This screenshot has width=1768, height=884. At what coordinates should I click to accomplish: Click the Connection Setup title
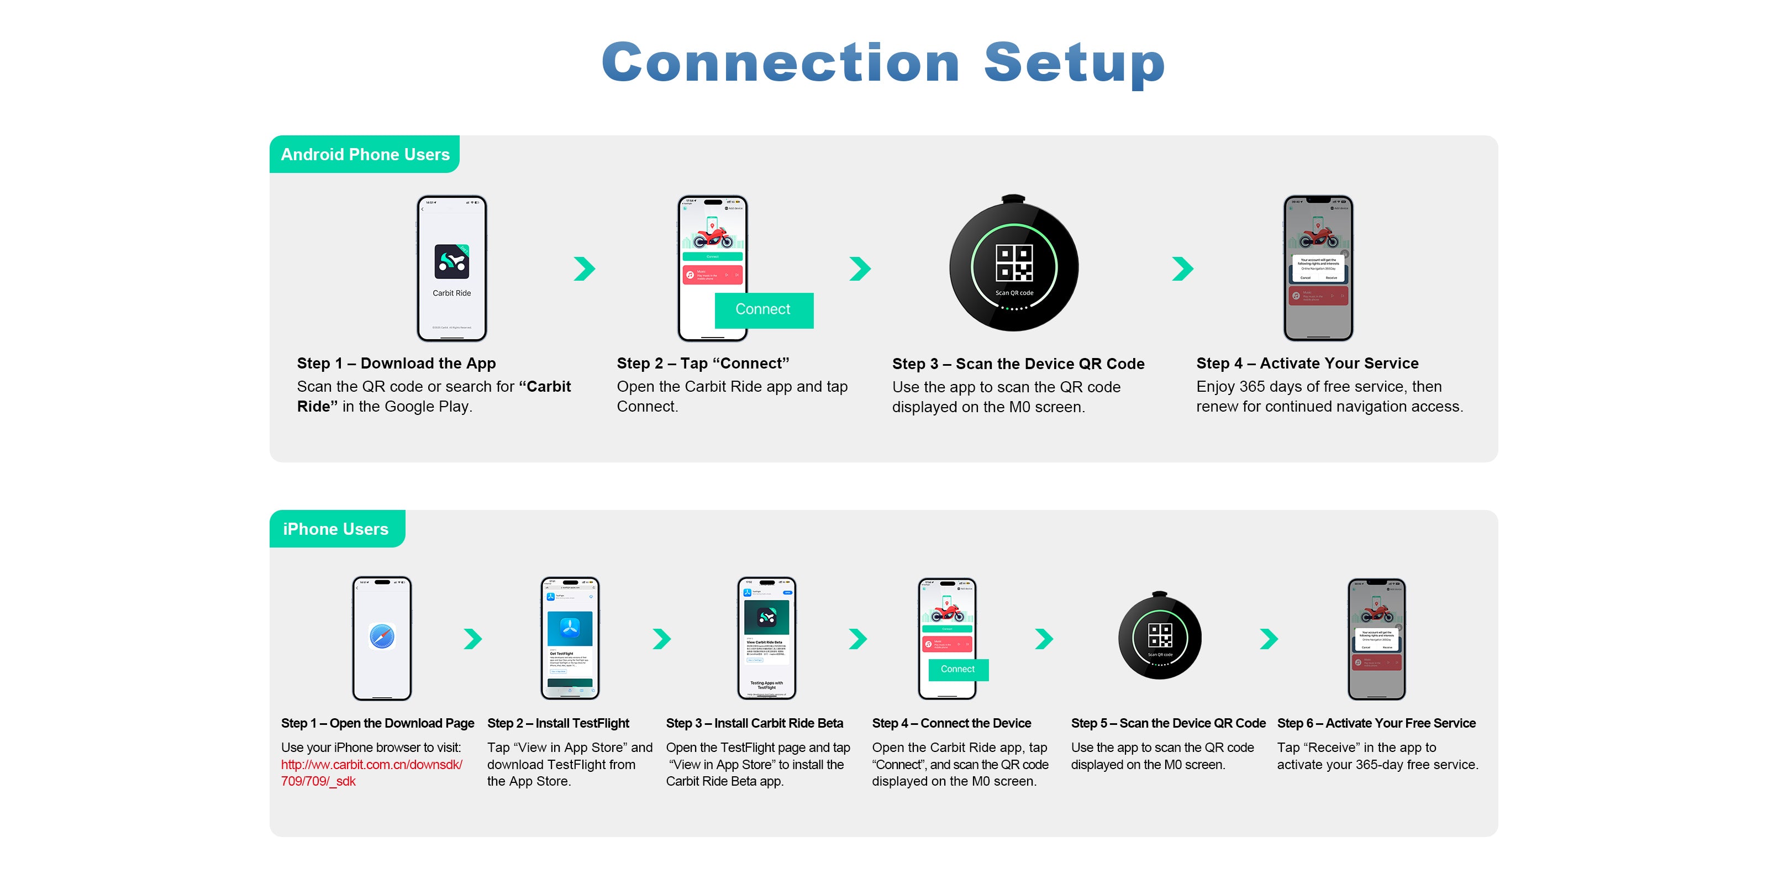tap(883, 63)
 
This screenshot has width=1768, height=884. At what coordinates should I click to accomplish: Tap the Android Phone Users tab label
tap(365, 155)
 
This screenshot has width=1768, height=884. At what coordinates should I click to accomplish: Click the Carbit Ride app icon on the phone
tap(451, 261)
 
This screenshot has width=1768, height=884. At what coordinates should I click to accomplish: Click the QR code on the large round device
tap(1014, 263)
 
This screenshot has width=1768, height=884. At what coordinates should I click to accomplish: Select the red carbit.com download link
tap(371, 765)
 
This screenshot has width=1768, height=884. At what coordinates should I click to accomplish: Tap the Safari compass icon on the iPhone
tap(382, 636)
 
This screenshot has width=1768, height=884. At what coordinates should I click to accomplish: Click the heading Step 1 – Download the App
tap(396, 363)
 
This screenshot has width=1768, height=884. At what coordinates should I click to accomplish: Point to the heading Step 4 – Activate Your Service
tap(1307, 363)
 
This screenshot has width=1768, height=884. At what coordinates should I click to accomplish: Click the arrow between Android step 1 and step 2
tap(584, 269)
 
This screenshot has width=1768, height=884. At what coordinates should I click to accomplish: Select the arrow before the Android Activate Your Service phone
tap(1182, 269)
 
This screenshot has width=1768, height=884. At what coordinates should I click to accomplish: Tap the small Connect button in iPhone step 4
tap(957, 669)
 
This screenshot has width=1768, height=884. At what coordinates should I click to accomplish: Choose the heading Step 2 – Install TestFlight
tap(558, 723)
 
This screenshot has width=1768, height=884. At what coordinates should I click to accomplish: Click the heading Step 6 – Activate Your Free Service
tap(1376, 723)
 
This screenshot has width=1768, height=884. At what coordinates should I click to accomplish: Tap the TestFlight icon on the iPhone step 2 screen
tap(570, 627)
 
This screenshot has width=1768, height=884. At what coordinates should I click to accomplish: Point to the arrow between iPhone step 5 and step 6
tap(1269, 639)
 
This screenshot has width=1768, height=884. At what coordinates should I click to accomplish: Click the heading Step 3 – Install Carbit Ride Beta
tap(754, 723)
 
